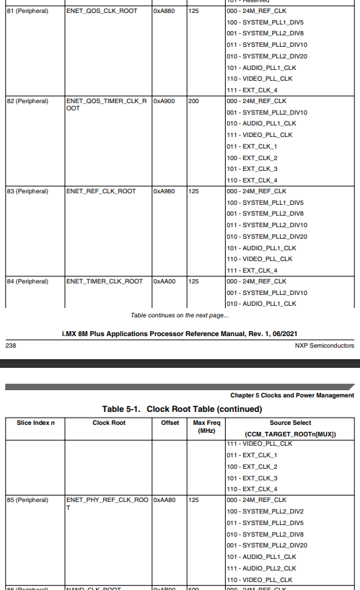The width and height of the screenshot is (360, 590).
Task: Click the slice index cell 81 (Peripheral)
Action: (x=27, y=12)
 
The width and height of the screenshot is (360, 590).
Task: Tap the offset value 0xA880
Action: (x=163, y=12)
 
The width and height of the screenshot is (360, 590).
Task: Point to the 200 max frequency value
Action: (x=193, y=101)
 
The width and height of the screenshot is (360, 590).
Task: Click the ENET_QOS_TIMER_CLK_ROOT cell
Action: (x=106, y=105)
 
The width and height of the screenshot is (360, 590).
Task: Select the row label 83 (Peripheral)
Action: (x=27, y=191)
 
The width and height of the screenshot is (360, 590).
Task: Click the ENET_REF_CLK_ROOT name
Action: (x=100, y=191)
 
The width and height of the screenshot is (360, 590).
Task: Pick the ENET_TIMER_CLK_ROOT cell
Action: (x=104, y=281)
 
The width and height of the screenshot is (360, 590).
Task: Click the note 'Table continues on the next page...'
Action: (x=180, y=315)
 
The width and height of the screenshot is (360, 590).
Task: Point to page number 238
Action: (x=11, y=345)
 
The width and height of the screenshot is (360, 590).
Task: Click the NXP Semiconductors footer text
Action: (x=325, y=345)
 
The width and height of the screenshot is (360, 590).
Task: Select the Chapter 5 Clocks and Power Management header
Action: (x=292, y=395)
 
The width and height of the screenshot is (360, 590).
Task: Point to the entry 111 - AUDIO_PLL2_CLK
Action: (x=261, y=568)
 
